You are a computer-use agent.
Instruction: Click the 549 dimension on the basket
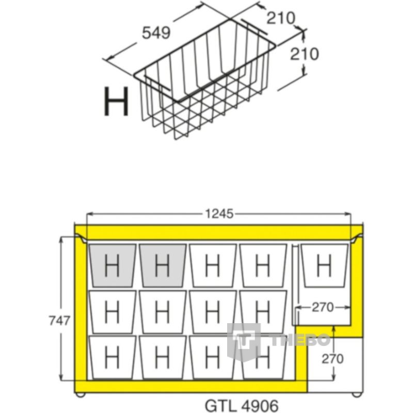click(156, 33)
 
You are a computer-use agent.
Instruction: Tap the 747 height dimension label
click(59, 321)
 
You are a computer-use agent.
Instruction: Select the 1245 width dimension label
click(219, 214)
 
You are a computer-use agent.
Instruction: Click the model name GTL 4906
click(242, 406)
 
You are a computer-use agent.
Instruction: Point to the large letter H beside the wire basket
click(117, 101)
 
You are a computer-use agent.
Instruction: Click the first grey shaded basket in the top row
click(113, 265)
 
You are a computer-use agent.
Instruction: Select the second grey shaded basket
click(163, 265)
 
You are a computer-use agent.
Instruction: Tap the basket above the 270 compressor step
click(325, 265)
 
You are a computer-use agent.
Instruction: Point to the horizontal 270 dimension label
click(323, 307)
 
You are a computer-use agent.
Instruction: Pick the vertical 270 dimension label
click(332, 359)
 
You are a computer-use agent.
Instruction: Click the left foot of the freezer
click(80, 394)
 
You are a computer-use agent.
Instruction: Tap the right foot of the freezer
click(357, 394)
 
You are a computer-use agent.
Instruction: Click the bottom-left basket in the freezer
click(113, 357)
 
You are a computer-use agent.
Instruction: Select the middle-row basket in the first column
click(113, 312)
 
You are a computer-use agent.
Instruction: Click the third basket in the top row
click(213, 265)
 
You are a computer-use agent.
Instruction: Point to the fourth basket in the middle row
click(263, 312)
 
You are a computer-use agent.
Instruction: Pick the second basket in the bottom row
click(163, 357)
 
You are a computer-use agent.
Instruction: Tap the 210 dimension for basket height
click(305, 54)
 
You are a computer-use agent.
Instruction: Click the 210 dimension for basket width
click(281, 19)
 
